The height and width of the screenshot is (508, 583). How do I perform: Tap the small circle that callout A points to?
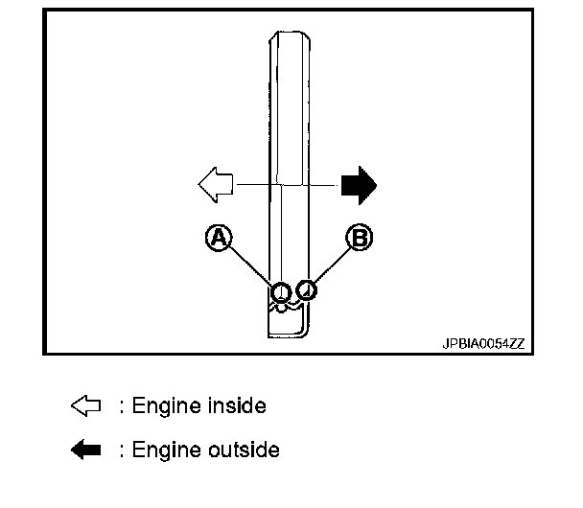pyautogui.click(x=281, y=291)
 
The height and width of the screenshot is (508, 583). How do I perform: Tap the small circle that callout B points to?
pyautogui.click(x=306, y=288)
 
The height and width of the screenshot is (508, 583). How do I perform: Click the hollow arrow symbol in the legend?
pyautogui.click(x=86, y=406)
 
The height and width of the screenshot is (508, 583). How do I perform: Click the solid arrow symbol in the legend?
pyautogui.click(x=86, y=449)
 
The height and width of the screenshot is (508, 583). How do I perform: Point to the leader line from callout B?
pyautogui.click(x=331, y=265)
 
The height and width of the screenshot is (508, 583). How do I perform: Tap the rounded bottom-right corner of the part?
pyautogui.click(x=304, y=331)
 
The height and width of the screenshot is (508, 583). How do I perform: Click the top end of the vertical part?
pyautogui.click(x=289, y=36)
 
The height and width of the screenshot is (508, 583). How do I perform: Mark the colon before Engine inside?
pyautogui.click(x=121, y=407)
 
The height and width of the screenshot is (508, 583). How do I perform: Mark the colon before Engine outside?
pyautogui.click(x=121, y=450)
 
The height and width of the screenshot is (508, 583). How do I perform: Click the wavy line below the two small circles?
pyautogui.click(x=291, y=308)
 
